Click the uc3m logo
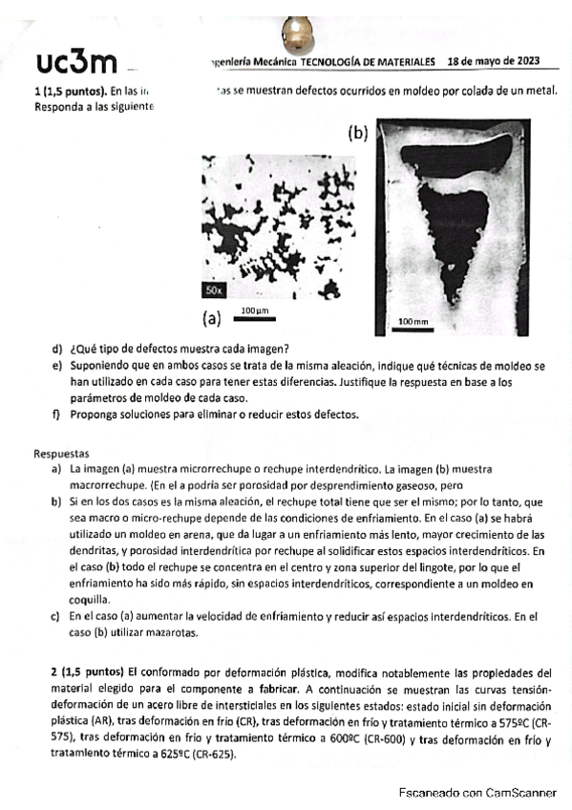click(75, 62)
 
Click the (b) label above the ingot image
click(357, 134)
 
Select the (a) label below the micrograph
click(211, 318)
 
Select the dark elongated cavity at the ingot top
click(445, 161)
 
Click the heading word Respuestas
click(61, 456)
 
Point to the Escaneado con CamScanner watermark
click(477, 792)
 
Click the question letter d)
click(57, 349)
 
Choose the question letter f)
click(56, 414)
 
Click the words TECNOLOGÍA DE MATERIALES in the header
click(368, 61)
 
